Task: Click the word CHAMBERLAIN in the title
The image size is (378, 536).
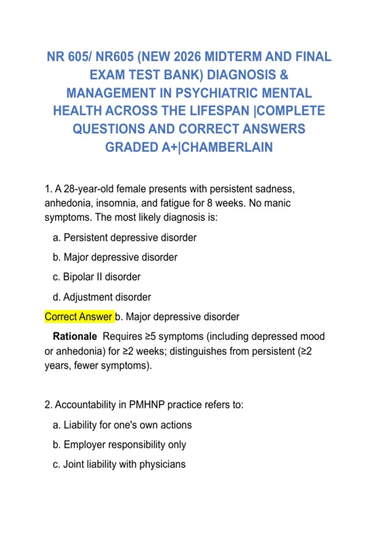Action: pos(227,147)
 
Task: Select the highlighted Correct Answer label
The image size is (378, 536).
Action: pos(78,317)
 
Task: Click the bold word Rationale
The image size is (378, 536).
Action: pos(75,336)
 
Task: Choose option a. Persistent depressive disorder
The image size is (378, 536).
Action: pos(125,237)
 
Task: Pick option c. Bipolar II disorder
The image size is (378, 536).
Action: pos(97,277)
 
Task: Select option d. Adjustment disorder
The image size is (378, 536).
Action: pos(102,297)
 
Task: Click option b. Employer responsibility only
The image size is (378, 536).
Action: pos(119,445)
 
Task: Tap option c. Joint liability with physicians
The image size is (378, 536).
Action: pos(119,464)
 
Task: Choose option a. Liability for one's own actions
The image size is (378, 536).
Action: pos(122,425)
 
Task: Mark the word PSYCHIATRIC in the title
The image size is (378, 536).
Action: pos(217,93)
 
